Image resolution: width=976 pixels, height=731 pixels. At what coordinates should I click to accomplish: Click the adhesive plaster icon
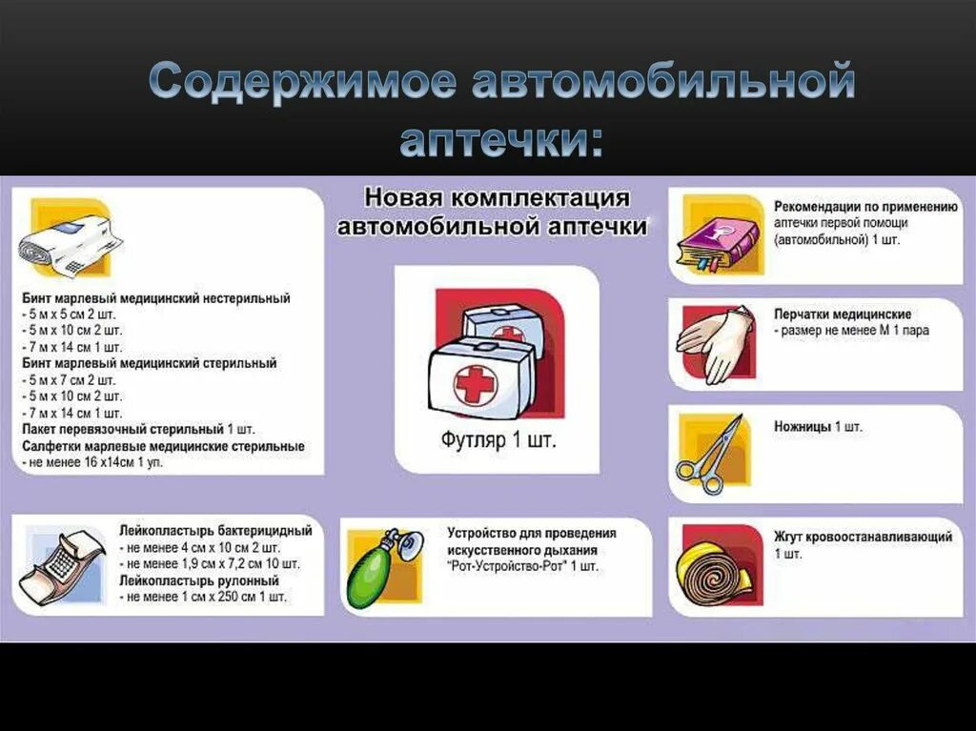65,564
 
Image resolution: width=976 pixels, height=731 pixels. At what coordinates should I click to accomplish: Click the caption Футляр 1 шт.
498,441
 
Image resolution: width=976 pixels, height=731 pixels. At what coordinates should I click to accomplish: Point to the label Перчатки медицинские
843,314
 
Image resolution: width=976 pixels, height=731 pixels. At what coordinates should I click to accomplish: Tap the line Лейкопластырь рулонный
198,580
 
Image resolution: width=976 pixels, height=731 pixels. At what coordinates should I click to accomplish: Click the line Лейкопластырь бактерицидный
215,530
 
